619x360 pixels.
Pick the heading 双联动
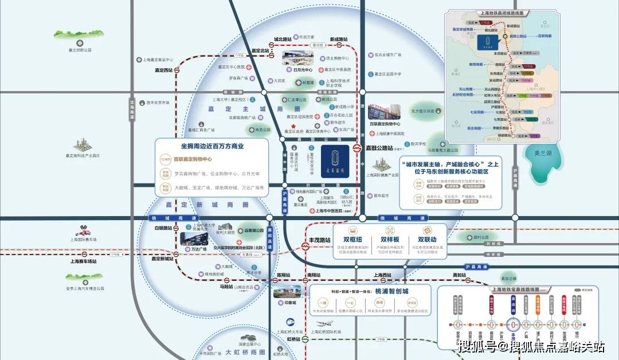[428, 239]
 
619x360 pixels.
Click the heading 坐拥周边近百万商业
[212, 146]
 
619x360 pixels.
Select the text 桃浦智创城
[393, 291]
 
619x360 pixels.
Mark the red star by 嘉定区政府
[293, 126]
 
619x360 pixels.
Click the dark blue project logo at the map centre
[332, 157]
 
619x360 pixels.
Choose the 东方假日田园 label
[423, 111]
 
